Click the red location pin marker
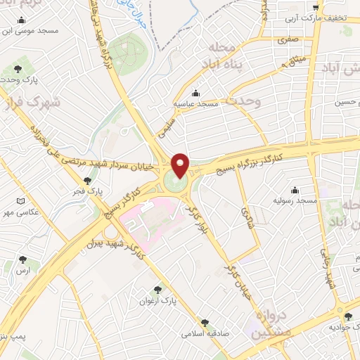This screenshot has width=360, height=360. point(181,165)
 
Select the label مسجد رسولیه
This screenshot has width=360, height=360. point(293,200)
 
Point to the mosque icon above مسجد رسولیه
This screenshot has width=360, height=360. point(294,190)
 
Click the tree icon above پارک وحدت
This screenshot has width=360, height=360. point(18,70)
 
